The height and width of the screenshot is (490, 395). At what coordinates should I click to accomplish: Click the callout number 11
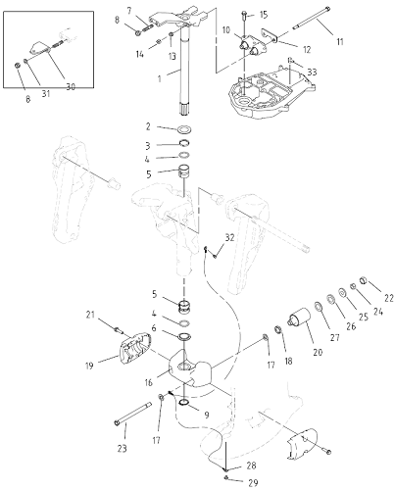pos(340,42)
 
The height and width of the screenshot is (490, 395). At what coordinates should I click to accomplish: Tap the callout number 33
pos(312,72)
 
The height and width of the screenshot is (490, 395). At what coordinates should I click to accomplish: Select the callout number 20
pos(318,352)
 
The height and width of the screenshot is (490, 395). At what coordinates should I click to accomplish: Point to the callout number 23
pos(122,449)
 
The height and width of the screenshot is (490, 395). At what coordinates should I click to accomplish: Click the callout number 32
pos(229,237)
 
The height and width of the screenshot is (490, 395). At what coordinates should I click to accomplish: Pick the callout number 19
pos(89,366)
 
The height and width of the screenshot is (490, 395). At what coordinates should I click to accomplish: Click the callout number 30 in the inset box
pos(71,87)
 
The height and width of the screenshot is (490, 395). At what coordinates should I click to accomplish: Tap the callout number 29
pos(253,482)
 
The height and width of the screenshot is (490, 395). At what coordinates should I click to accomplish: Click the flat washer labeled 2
pos(184,128)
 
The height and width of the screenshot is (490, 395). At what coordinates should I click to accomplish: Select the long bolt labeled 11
pos(312,18)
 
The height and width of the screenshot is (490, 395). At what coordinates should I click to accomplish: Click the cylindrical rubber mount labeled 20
pos(298,318)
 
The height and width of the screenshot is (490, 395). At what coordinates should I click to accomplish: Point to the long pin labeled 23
pos(132,414)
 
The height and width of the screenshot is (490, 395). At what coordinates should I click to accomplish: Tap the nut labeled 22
pos(364,280)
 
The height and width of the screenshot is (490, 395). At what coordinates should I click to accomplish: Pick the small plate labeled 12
pos(270,36)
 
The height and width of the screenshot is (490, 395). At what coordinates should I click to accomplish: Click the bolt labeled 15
pos(244,15)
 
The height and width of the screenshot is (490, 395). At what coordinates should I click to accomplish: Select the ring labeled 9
pos(184,402)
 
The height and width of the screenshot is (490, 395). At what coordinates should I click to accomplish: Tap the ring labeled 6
pos(184,336)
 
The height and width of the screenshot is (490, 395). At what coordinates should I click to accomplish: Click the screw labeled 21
pos(119,329)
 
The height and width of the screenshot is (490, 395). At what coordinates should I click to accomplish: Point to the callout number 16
pos(149,382)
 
